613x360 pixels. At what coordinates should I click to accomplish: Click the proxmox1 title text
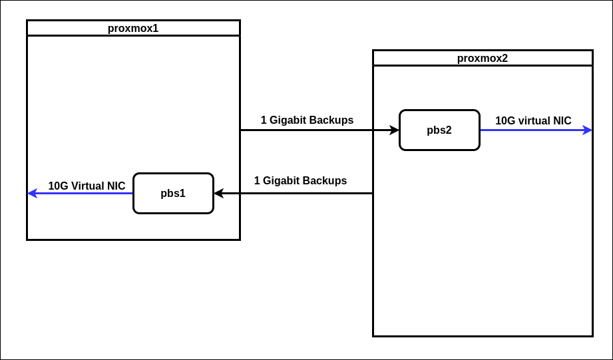tap(133, 28)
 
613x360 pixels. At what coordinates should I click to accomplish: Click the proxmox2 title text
tap(482, 58)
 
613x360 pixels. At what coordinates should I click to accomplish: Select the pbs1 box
tap(173, 194)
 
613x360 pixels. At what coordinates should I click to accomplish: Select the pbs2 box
tap(439, 130)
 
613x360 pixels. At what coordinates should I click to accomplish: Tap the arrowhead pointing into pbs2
tap(395, 130)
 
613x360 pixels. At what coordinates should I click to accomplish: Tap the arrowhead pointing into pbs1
tap(218, 194)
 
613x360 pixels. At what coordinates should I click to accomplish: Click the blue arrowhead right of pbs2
tap(588, 130)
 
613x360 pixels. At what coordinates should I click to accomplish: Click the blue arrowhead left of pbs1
tap(32, 194)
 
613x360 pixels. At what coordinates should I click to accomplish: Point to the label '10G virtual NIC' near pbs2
tap(533, 120)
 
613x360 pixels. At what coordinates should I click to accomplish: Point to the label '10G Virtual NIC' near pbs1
tap(87, 186)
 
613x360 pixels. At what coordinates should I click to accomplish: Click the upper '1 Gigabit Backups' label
tap(307, 120)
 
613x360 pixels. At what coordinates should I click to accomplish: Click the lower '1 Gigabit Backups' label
tap(300, 180)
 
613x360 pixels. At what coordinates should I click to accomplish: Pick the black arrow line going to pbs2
tap(313, 130)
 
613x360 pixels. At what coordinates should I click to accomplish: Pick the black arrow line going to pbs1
tap(300, 194)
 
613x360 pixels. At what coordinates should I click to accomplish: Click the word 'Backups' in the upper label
tap(331, 120)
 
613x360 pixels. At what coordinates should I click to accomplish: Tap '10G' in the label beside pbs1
tap(58, 186)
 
